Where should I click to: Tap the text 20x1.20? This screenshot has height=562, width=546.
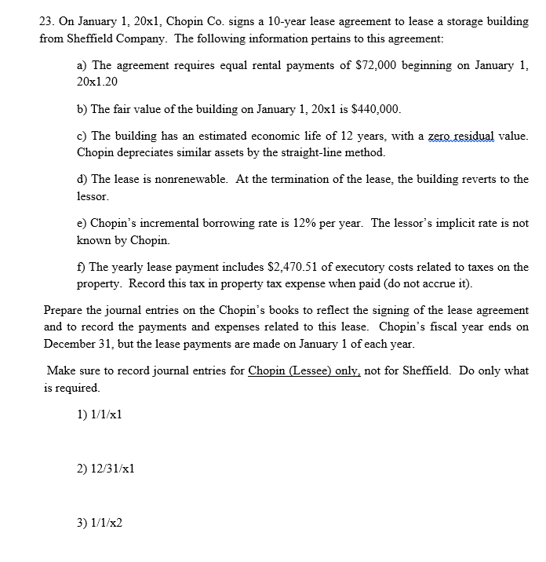tap(96, 81)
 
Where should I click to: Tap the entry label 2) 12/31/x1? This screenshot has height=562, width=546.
tap(104, 468)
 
